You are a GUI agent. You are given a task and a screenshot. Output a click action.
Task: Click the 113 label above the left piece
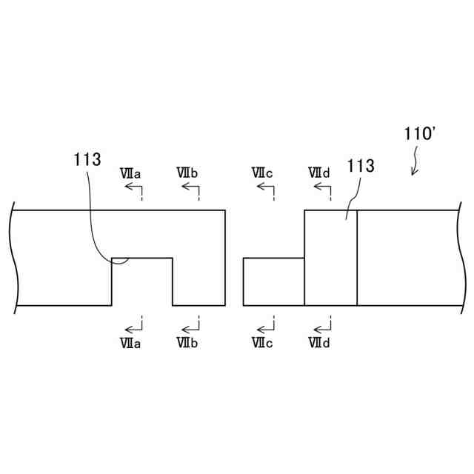[87, 158]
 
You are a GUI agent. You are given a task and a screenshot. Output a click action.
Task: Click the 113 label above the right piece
[360, 166]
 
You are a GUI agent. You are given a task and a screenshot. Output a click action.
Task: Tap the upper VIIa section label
[131, 173]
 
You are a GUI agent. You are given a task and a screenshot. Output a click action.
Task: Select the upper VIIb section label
[187, 173]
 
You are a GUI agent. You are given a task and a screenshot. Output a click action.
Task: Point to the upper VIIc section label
[262, 173]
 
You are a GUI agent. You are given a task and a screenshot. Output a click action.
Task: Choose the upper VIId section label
[319, 173]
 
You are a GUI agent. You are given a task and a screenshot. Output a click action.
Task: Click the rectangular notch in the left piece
[142, 281]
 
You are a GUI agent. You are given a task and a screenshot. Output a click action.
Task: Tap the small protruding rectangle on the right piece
[273, 281]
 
